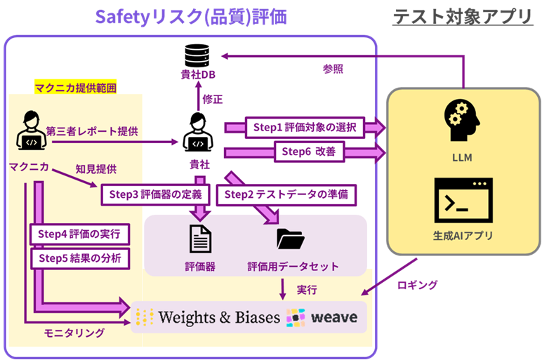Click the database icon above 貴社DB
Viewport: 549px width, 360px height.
point(196,52)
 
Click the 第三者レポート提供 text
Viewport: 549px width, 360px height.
point(92,131)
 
